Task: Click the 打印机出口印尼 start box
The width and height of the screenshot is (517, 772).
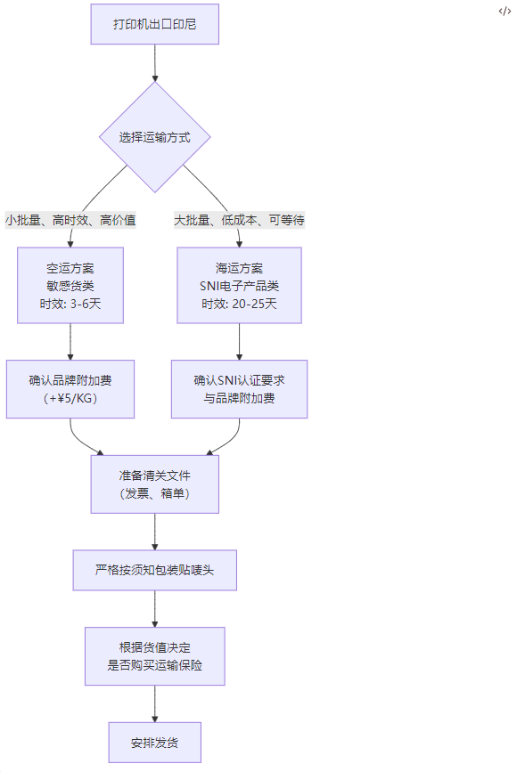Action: tap(155, 24)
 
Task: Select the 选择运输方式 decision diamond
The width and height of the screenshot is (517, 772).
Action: tap(155, 137)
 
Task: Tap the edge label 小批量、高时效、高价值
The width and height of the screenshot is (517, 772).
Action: tap(70, 219)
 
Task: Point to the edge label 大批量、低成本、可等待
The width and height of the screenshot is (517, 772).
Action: tap(239, 219)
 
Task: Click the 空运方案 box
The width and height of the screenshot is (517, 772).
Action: tap(70, 285)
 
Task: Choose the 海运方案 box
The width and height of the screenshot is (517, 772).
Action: tap(239, 285)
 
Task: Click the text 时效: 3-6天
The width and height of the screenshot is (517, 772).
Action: tap(70, 305)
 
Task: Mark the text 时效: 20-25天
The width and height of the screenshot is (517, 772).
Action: tap(239, 305)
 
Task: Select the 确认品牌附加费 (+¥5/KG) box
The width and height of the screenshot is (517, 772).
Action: tap(70, 389)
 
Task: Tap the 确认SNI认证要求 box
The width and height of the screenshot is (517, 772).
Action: tap(239, 389)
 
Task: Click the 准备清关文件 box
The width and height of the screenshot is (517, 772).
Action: tap(155, 484)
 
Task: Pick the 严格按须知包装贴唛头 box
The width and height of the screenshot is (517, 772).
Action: tap(155, 570)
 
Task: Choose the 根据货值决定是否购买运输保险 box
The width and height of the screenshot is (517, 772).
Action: tap(155, 656)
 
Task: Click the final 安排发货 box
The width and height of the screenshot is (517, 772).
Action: tap(155, 743)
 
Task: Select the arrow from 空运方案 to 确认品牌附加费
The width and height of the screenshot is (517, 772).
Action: tap(70, 342)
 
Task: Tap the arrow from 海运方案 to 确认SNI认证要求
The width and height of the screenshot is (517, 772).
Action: tap(239, 342)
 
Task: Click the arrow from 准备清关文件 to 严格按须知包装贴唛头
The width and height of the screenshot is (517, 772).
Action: tap(155, 532)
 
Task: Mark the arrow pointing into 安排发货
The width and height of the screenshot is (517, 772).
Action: tap(155, 704)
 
